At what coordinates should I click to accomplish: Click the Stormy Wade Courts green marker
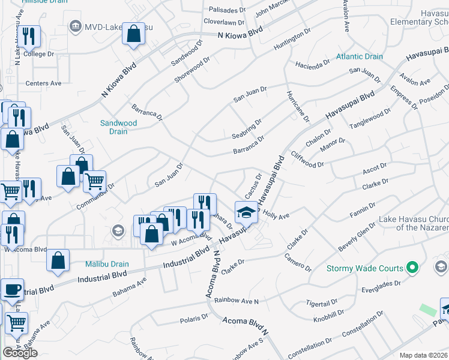pos(412,268)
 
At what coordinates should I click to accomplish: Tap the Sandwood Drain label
pos(118,127)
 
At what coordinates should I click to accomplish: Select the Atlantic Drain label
pos(359,57)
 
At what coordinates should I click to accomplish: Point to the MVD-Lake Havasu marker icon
pos(76,25)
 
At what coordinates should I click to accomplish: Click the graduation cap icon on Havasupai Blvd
pos(246,212)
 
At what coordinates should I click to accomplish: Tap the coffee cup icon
pos(12,290)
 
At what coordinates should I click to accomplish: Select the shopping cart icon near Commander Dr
pos(94,181)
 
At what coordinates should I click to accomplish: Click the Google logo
pos(20,353)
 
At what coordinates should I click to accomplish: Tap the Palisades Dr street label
pos(228,10)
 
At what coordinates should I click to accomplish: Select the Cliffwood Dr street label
pos(308,160)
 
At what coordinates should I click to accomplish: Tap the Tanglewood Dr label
pos(370,120)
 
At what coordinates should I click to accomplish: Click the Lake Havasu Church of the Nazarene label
pos(414,223)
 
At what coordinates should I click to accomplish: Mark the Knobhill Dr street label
pos(328,313)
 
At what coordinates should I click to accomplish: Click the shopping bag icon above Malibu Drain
pos(58,260)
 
